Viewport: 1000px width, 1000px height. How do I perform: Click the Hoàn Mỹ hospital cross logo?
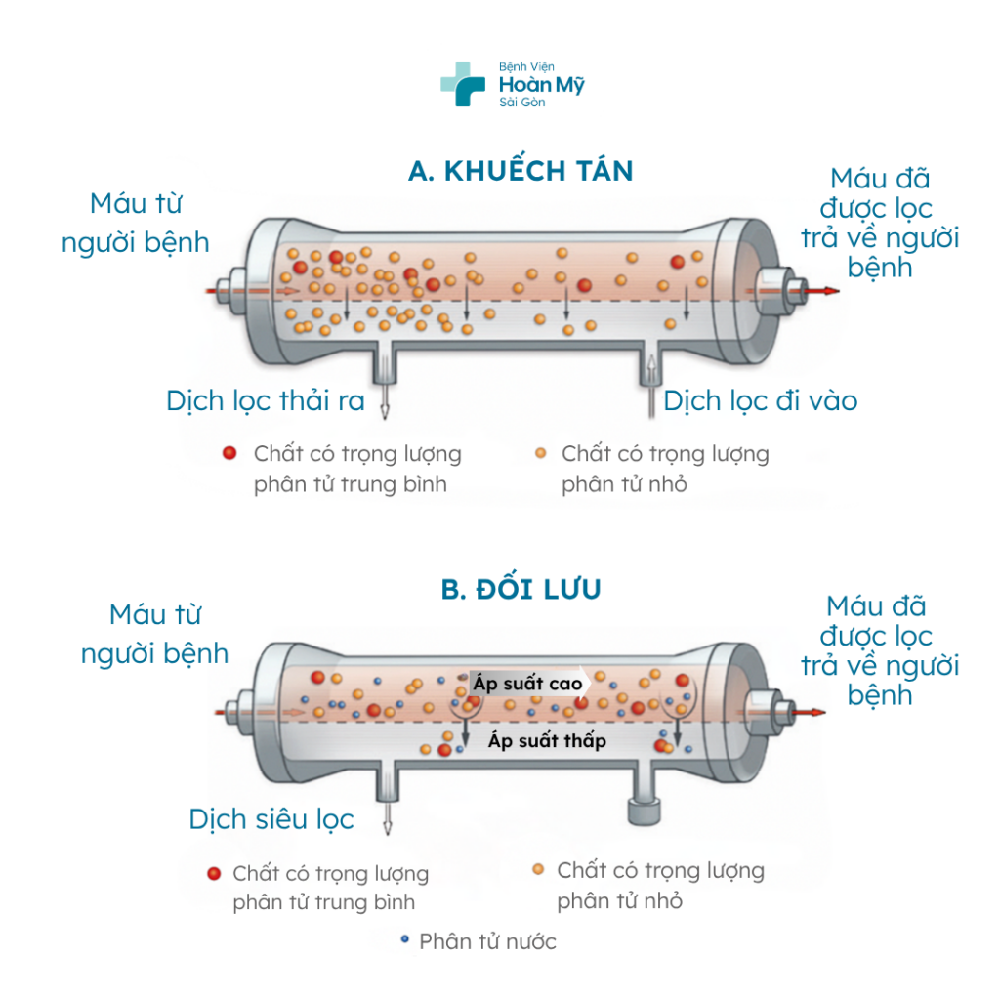tap(462, 85)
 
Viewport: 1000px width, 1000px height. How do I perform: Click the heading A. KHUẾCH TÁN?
tap(521, 172)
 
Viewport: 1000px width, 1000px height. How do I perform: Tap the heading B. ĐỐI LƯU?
tap(521, 590)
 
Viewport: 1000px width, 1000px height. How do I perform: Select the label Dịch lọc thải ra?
tap(266, 400)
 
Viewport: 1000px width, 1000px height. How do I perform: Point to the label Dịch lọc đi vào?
tap(761, 400)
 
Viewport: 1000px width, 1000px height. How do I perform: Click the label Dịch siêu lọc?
tap(271, 818)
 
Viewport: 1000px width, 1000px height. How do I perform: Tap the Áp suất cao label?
tap(527, 684)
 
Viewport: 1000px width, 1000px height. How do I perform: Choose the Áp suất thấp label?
tap(547, 741)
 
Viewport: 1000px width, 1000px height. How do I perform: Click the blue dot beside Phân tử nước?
tap(404, 940)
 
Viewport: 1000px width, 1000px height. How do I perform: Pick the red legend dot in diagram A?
tap(229, 453)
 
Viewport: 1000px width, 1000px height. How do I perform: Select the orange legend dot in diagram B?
tap(538, 869)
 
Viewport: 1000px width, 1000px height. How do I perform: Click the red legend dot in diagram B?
tap(213, 873)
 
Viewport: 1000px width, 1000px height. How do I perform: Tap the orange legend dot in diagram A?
tap(541, 453)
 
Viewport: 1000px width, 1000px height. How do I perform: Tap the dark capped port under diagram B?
tap(643, 810)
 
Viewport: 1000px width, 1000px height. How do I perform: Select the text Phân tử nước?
tap(487, 941)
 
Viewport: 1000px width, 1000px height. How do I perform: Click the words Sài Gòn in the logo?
tap(521, 103)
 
